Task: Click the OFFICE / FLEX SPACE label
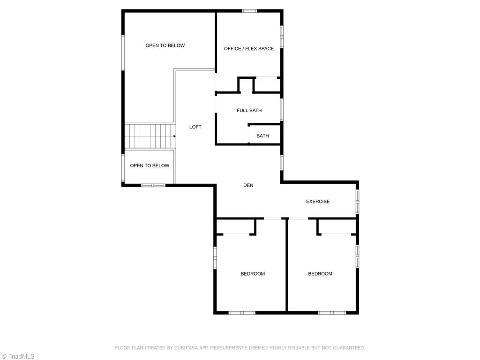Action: (249, 49)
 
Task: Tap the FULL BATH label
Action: (249, 111)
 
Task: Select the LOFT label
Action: (195, 127)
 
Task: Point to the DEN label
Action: (248, 186)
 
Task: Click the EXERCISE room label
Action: (318, 202)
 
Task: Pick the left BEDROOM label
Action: (253, 274)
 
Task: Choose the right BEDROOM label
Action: (320, 274)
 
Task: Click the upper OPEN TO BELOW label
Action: (165, 45)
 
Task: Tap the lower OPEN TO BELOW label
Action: (150, 165)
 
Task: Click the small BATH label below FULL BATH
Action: (262, 136)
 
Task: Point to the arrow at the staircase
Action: (174, 136)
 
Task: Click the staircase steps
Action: (149, 136)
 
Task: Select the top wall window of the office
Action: (249, 11)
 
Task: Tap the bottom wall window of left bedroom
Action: (242, 312)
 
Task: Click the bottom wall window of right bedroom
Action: (332, 312)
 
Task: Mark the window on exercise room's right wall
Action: (357, 202)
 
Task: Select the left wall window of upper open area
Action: (123, 52)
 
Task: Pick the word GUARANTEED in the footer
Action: (349, 348)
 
